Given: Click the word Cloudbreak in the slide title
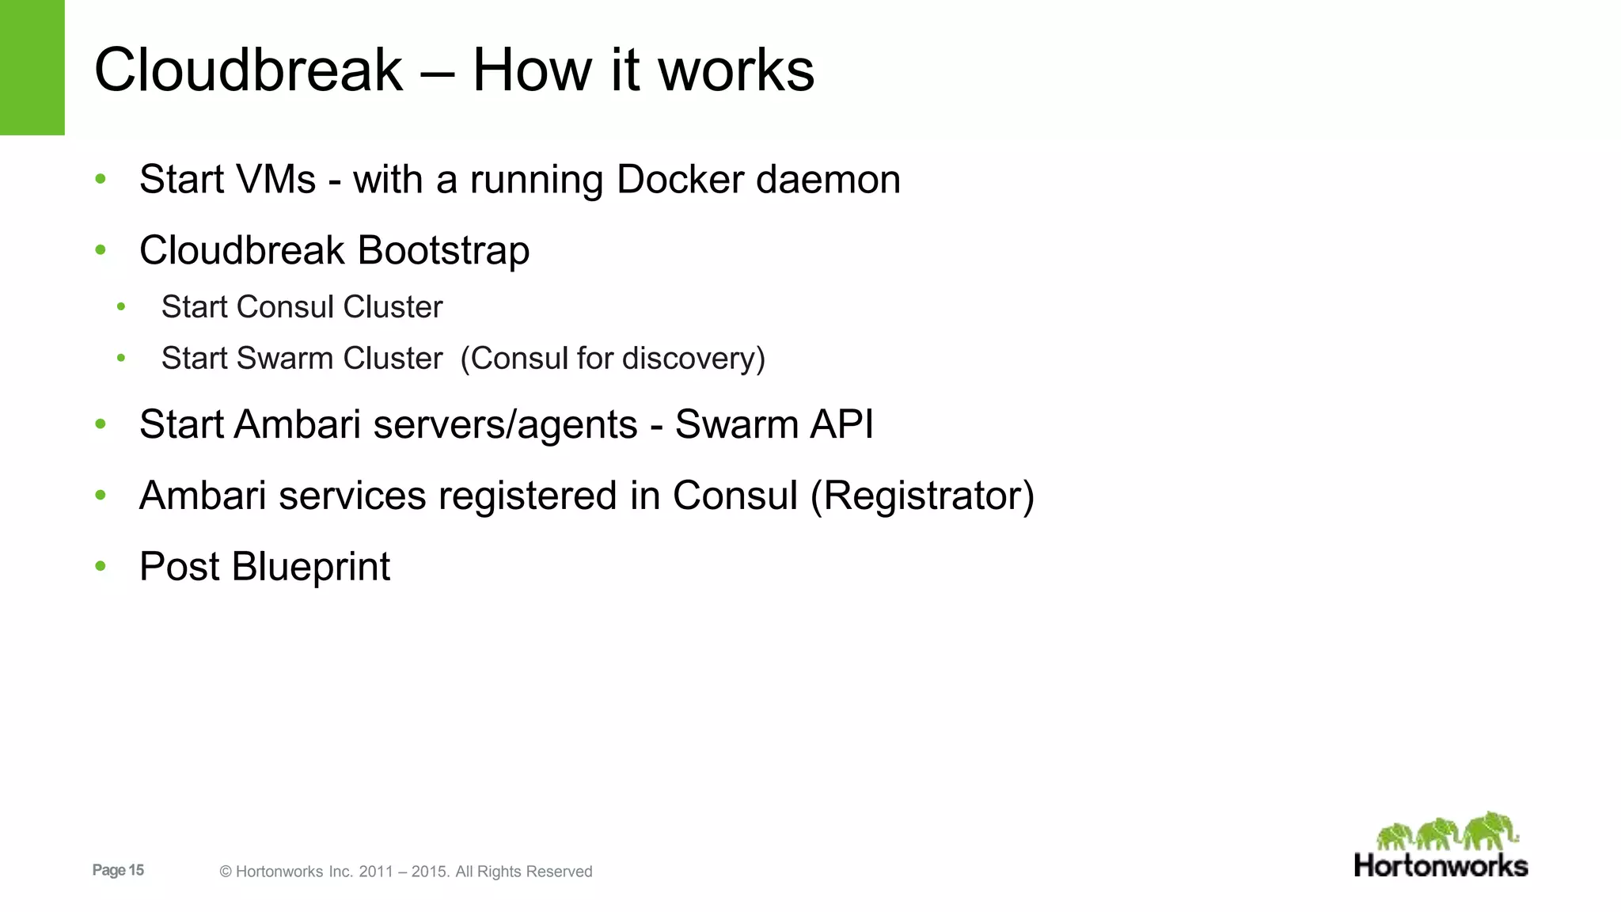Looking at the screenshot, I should click(249, 70).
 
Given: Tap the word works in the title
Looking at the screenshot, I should click(736, 70).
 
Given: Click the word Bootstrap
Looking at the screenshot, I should click(443, 251).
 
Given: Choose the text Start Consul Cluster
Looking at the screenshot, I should click(302, 307).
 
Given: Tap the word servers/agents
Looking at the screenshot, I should click(505, 424).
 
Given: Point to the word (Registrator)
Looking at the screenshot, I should click(922, 496).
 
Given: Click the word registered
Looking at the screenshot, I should click(527, 496).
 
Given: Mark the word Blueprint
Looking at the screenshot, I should click(310, 567).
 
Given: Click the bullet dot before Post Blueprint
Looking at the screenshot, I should click(101, 567).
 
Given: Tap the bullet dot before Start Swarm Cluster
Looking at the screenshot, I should click(121, 359).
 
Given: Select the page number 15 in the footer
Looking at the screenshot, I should click(136, 870).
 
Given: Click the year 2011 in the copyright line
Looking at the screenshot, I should click(376, 872).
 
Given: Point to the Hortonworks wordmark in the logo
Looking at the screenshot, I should click(1441, 865).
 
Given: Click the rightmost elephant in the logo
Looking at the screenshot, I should click(1490, 831).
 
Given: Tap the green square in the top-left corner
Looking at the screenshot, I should click(32, 67).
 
